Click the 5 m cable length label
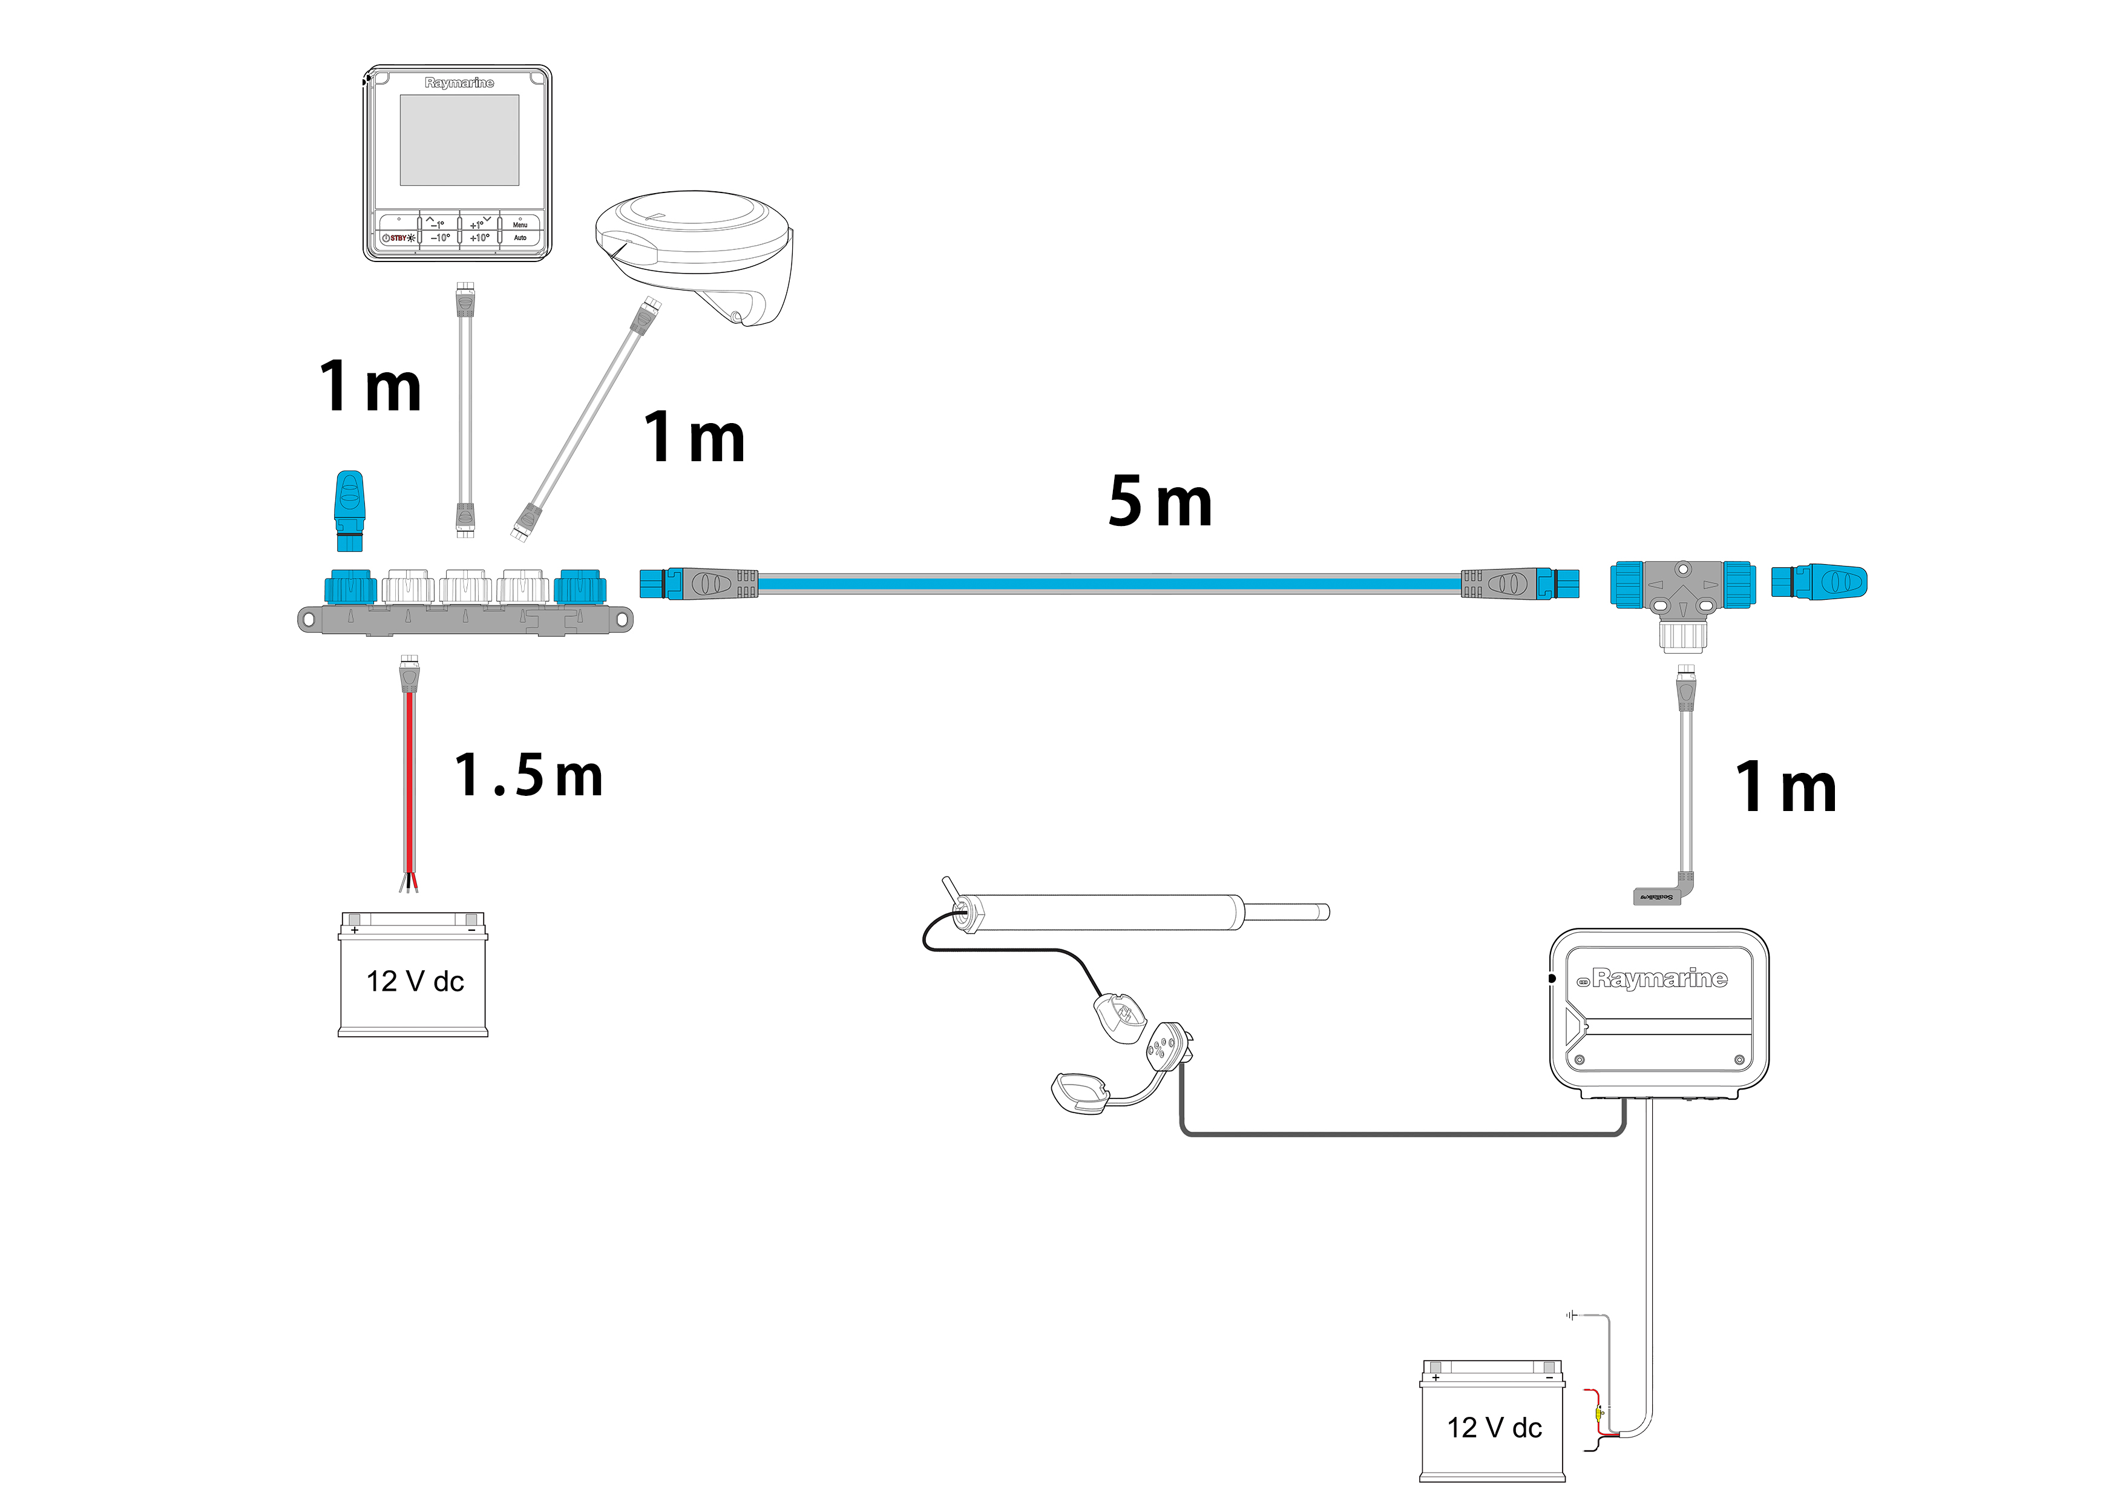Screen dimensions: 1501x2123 click(x=1160, y=502)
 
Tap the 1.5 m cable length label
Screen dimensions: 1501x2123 click(x=528, y=775)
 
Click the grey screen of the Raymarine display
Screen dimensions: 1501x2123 click(x=459, y=140)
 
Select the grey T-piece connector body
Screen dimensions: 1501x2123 click(x=1683, y=592)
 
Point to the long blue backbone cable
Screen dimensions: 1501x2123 click(x=1109, y=583)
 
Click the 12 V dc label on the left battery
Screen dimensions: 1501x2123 click(x=415, y=981)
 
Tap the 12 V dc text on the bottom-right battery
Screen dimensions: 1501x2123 click(x=1494, y=1428)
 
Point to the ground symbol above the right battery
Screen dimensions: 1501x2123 click(x=1572, y=1315)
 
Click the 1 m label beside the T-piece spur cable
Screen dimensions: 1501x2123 click(x=1785, y=788)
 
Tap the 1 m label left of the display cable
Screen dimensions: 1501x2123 click(x=370, y=387)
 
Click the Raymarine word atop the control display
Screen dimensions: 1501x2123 click(x=459, y=82)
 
